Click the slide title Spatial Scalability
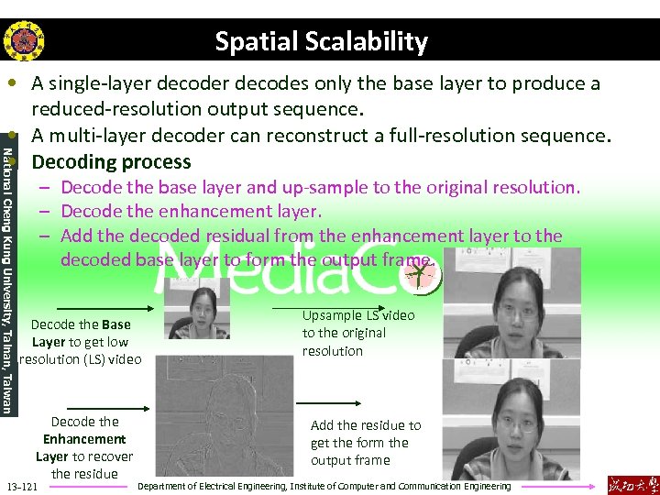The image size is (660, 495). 321,41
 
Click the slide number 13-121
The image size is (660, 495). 21,485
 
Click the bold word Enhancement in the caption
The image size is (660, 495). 84,439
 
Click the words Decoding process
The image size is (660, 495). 111,162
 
